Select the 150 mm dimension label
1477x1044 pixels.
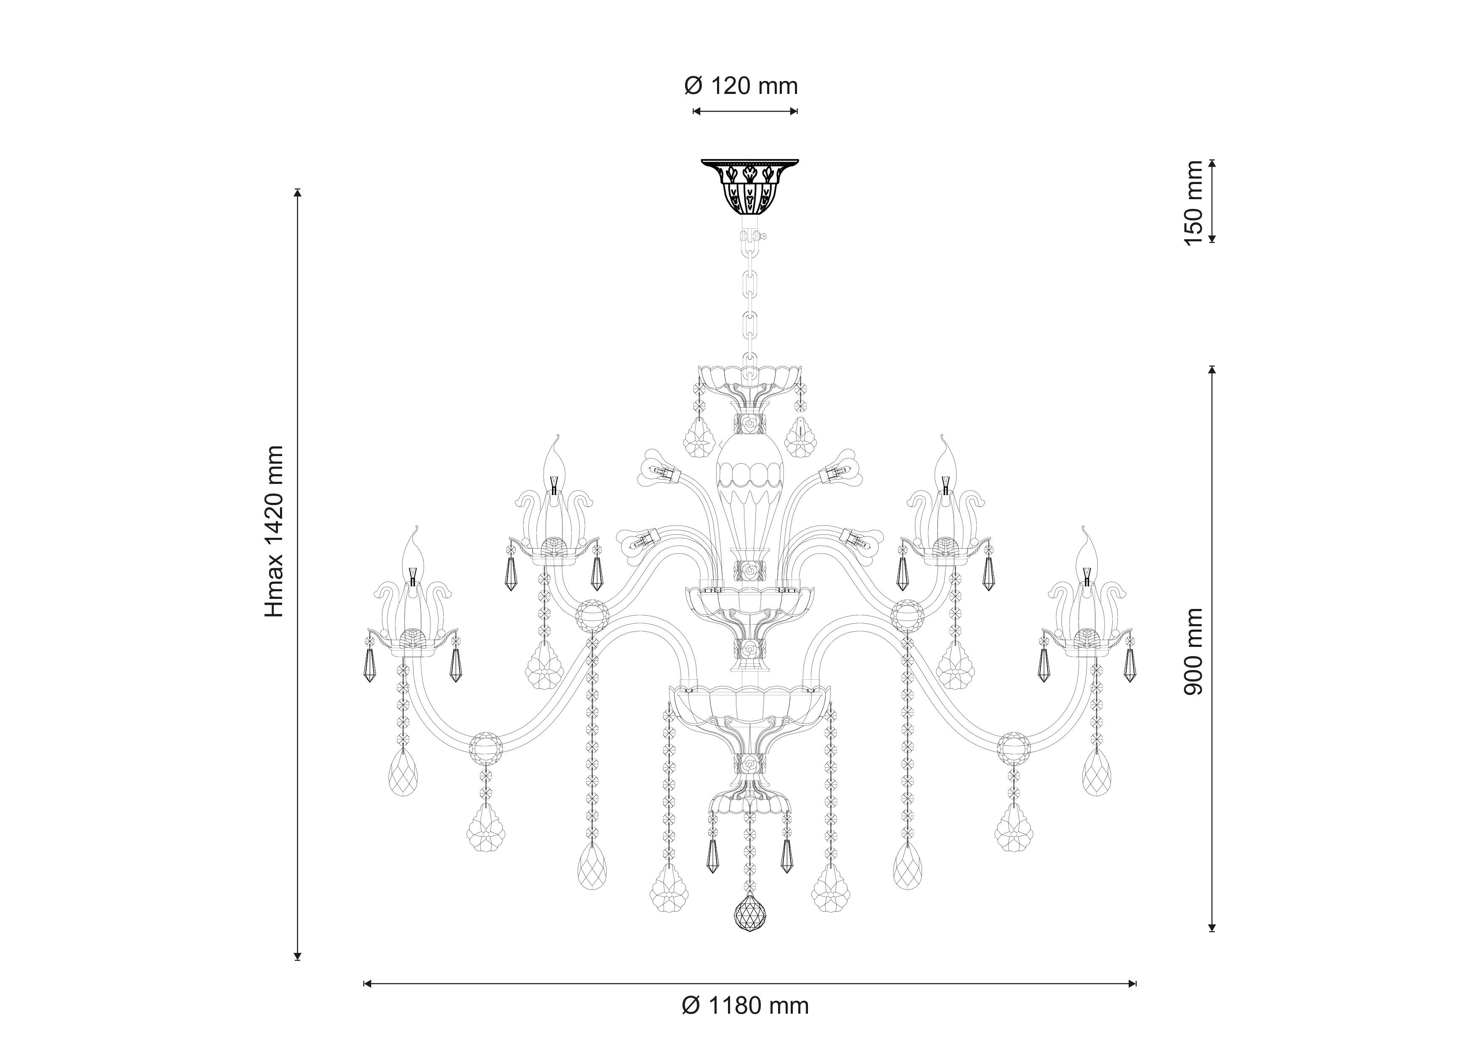(1193, 203)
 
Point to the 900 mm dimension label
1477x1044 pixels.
(1193, 651)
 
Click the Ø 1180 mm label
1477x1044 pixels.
(745, 1005)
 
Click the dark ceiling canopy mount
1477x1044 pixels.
(749, 187)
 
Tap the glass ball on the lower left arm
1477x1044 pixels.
(486, 748)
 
